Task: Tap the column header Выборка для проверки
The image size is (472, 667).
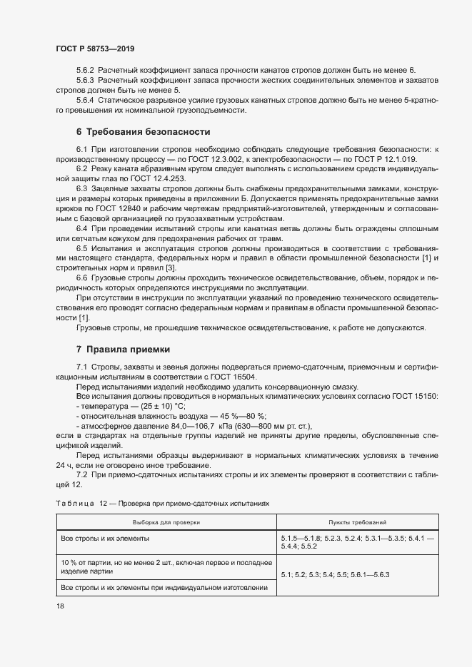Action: click(166, 522)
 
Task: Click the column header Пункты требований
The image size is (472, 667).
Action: click(358, 522)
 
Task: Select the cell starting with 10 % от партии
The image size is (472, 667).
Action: click(166, 567)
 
